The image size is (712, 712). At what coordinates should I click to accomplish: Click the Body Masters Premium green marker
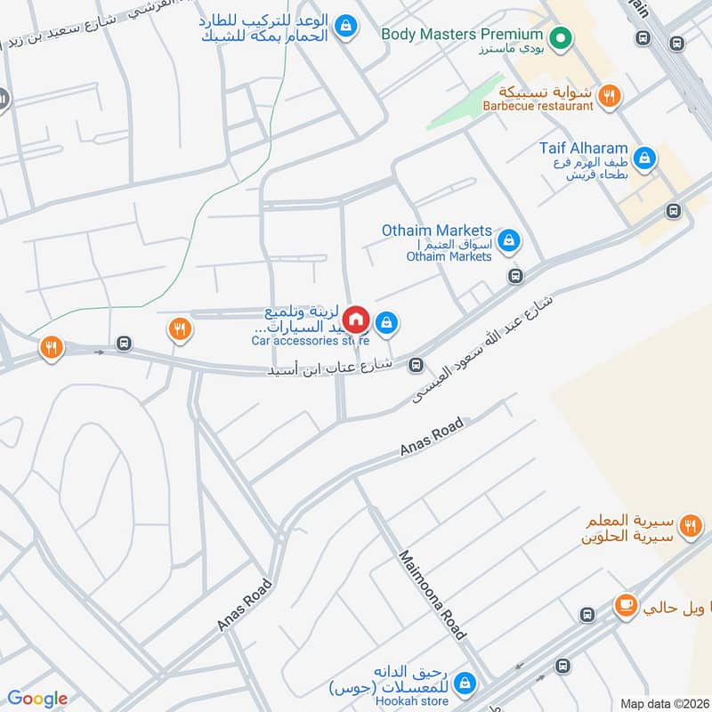[x=560, y=37]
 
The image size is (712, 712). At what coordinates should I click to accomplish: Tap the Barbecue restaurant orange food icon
[x=609, y=96]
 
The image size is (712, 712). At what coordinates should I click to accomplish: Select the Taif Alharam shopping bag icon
[x=645, y=159]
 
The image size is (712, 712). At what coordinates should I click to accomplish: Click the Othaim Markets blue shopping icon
[x=509, y=239]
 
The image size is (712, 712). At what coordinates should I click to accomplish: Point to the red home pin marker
[x=356, y=319]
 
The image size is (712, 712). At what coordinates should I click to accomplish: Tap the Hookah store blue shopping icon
[x=464, y=684]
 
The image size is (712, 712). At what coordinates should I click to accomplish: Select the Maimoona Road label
[x=433, y=595]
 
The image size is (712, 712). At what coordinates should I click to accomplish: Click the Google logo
[x=37, y=699]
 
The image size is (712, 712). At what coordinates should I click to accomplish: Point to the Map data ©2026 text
[x=664, y=703]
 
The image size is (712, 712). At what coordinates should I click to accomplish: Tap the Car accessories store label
[x=310, y=340]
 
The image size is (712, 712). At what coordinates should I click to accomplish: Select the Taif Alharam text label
[x=583, y=148]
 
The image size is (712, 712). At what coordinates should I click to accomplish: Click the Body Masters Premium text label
[x=463, y=34]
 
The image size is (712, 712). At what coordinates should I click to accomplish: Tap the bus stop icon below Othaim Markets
[x=514, y=276]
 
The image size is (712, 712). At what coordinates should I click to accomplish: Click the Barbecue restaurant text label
[x=538, y=106]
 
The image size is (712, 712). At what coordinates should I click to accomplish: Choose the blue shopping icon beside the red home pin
[x=386, y=322]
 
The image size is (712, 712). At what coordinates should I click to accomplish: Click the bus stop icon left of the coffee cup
[x=587, y=615]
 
